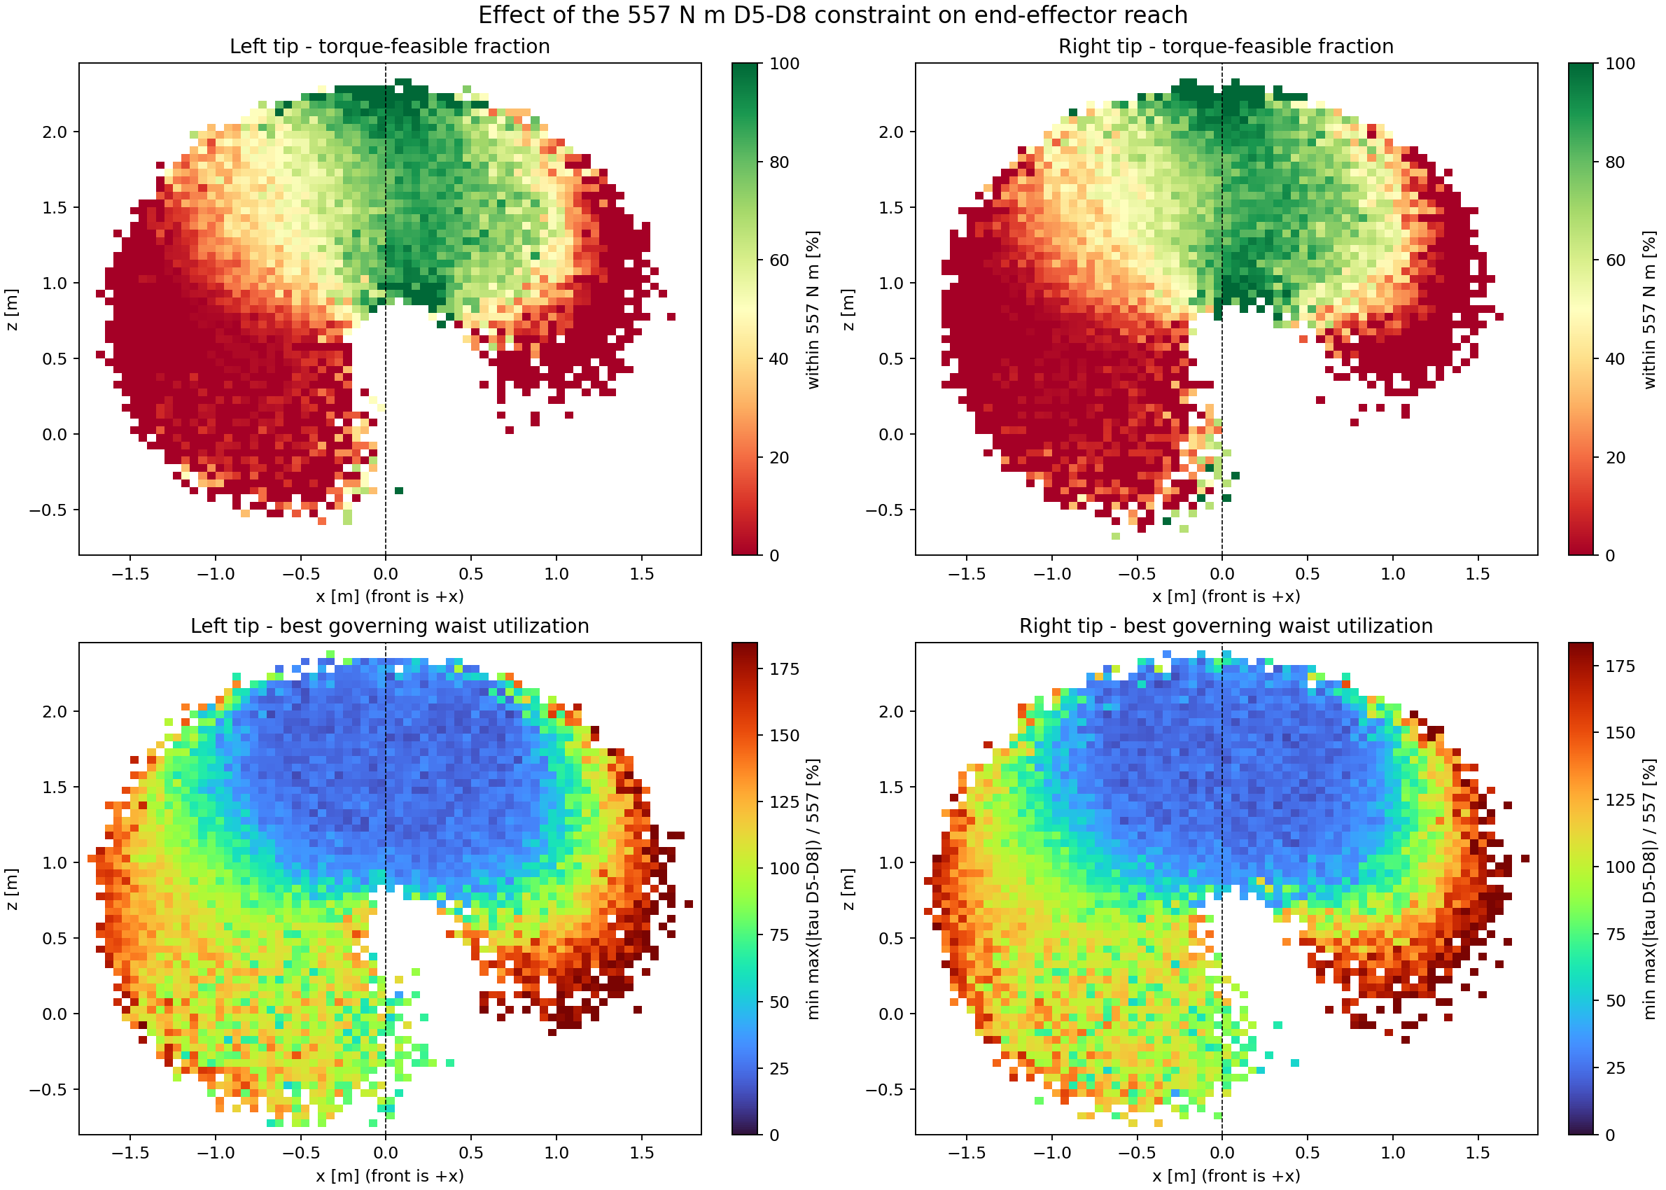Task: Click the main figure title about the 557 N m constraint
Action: coord(833,15)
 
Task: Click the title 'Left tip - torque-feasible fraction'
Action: coord(390,46)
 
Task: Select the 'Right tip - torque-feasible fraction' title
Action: coord(1226,46)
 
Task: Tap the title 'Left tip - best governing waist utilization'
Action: coord(390,626)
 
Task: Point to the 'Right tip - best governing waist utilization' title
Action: coord(1226,626)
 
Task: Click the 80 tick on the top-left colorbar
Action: coord(779,162)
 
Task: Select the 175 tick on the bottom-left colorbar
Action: coord(784,669)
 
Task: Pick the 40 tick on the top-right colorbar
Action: coord(1615,359)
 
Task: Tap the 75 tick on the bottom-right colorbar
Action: coord(1615,934)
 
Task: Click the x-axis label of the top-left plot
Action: coord(390,596)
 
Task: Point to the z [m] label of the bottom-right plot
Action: coord(848,889)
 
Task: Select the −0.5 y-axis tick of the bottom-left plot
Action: coord(48,1090)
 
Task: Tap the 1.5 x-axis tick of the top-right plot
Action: coord(1477,574)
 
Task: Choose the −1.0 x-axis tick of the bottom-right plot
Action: coord(1051,1154)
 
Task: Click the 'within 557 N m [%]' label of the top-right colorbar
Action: coord(1650,309)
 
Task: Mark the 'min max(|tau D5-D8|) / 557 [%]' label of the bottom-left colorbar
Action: coord(813,889)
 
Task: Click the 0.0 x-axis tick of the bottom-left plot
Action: coord(386,1154)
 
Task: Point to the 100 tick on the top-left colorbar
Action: coord(784,64)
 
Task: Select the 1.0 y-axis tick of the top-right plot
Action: coord(891,283)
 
